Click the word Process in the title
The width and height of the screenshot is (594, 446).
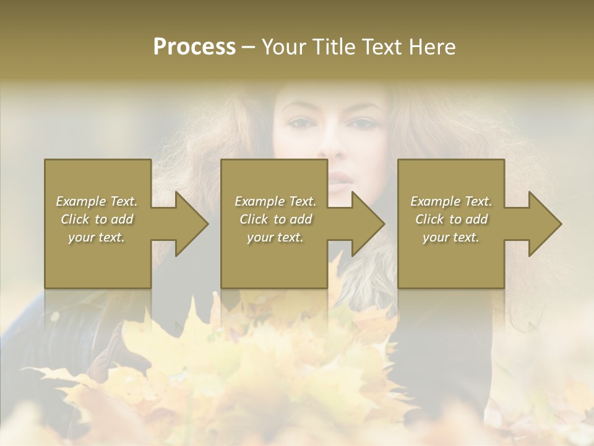coord(194,47)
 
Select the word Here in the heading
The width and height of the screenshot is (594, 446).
coord(432,47)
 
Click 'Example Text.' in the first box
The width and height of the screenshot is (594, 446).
coord(97,201)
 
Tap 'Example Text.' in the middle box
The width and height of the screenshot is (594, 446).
coord(275,201)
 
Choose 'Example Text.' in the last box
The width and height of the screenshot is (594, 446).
coord(451,201)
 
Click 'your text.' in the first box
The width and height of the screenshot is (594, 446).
coord(97,237)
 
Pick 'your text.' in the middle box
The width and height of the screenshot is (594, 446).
coord(275,237)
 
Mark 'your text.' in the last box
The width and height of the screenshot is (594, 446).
coord(451,237)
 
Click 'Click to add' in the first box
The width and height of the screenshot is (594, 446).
coord(97,219)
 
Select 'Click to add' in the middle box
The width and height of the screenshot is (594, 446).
coord(275,219)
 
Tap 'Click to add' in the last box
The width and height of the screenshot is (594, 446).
coord(451,219)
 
